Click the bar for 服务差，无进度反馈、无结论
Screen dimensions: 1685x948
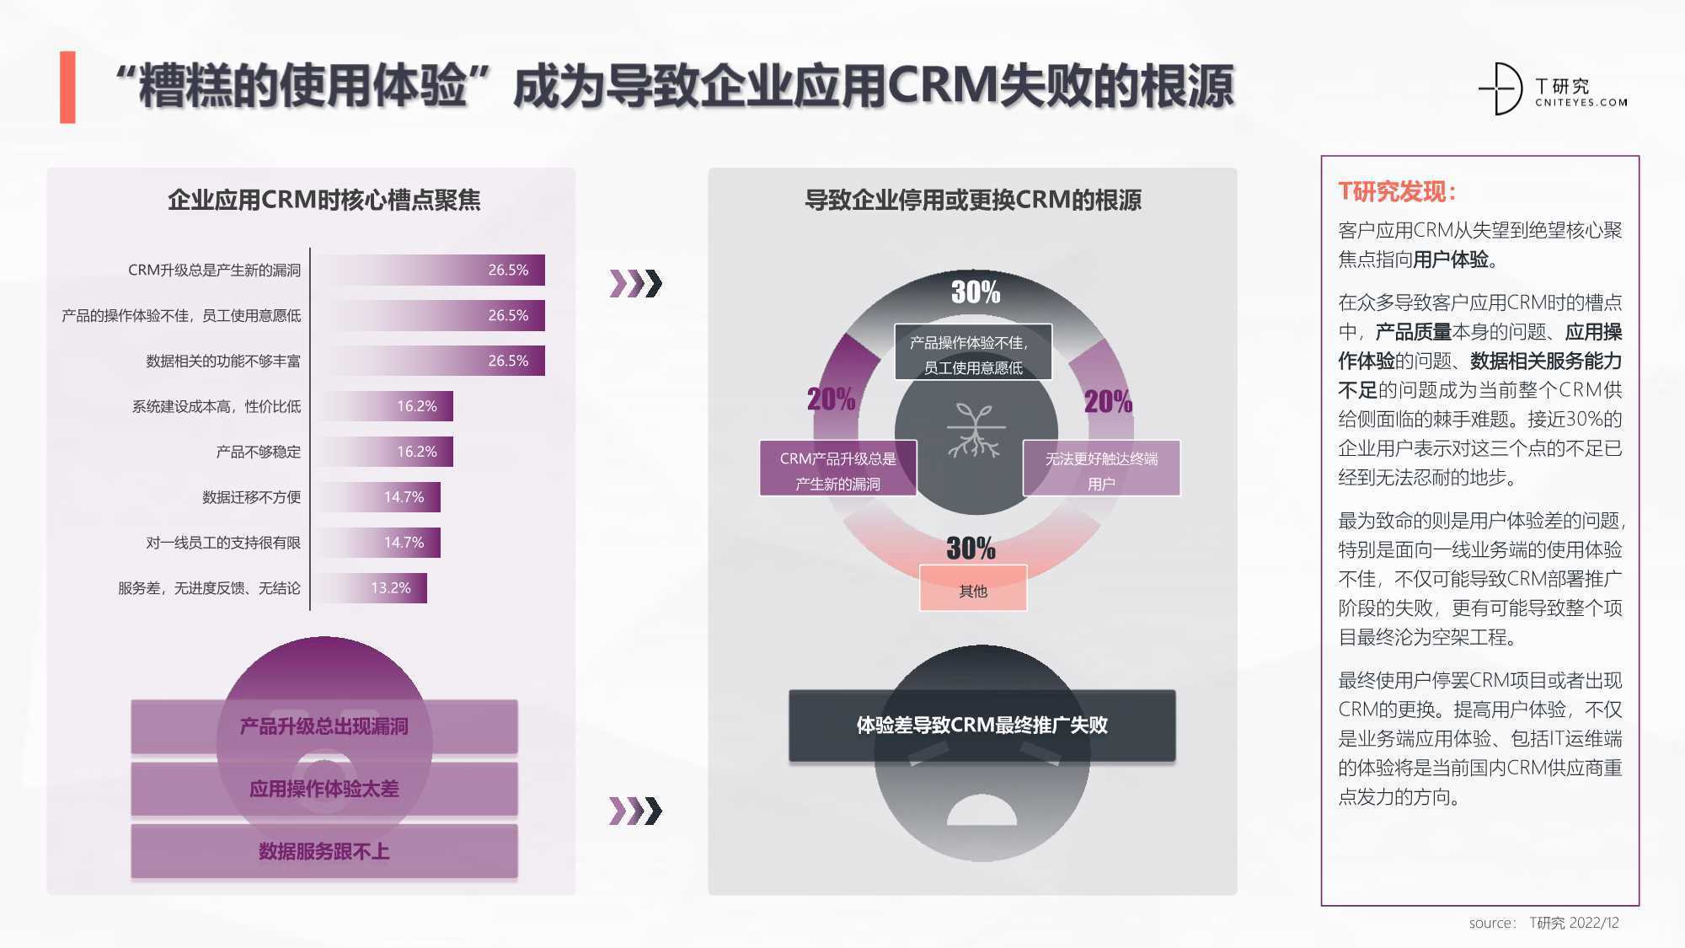point(370,588)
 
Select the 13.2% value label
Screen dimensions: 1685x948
point(391,588)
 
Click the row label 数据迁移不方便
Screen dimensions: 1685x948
point(251,497)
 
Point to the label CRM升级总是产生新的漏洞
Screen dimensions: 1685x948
point(214,270)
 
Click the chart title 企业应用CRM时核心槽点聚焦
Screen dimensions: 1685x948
point(324,200)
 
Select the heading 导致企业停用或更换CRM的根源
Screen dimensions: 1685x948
point(973,200)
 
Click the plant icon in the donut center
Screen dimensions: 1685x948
point(975,431)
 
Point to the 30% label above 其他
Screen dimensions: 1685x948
point(971,548)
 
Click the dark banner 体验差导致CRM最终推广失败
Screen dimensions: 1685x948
point(982,726)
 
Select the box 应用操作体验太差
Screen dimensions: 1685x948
point(324,789)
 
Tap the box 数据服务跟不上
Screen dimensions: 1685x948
point(324,851)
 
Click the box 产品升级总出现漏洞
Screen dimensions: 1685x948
point(324,726)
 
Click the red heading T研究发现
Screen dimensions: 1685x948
point(1397,191)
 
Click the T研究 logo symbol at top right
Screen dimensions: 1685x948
point(1501,88)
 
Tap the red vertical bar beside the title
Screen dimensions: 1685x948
point(67,88)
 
